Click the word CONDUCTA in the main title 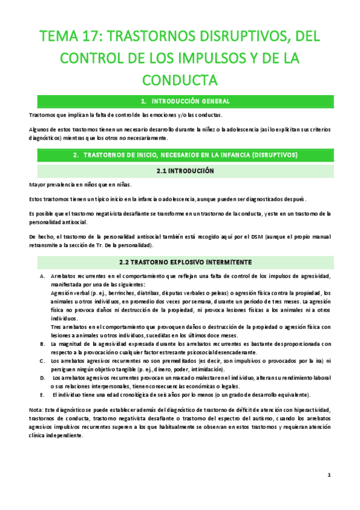[180, 79]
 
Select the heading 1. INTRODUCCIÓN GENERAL [180, 100]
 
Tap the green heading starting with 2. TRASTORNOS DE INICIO [180, 155]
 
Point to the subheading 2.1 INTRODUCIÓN [180, 171]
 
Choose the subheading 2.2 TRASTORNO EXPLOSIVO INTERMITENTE [180, 262]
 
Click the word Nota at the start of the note [35, 409]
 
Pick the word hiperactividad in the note [313, 409]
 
